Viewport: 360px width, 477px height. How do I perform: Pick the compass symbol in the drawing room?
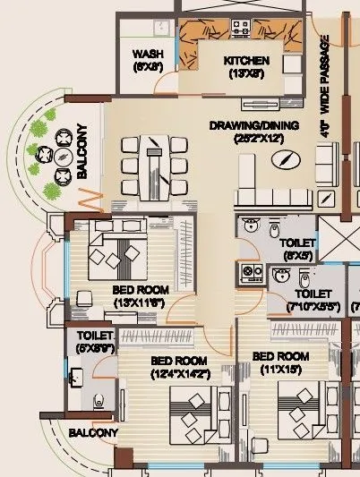tap(287, 161)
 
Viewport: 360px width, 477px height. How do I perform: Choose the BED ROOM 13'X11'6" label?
tap(141, 296)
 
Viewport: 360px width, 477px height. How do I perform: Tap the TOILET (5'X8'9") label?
tap(87, 340)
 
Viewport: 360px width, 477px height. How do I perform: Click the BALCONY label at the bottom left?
tap(93, 433)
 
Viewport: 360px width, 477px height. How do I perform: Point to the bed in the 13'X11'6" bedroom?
tap(112, 254)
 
